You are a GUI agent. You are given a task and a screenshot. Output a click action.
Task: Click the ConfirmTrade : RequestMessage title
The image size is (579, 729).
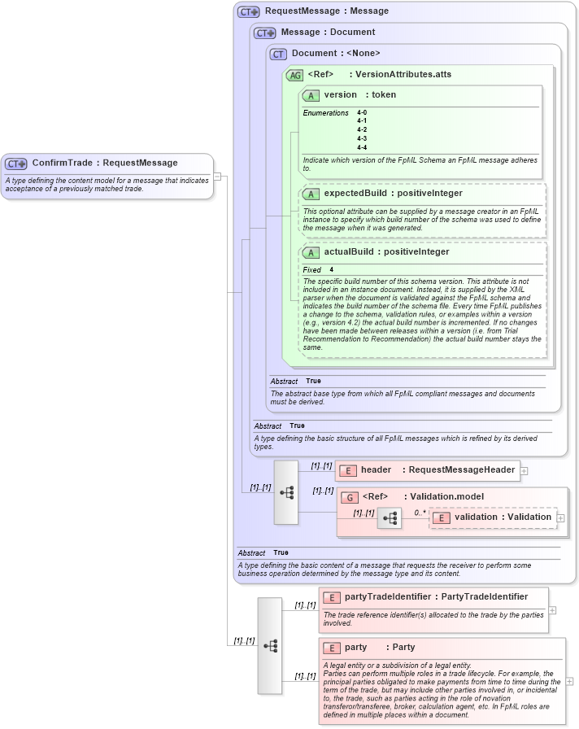point(104,163)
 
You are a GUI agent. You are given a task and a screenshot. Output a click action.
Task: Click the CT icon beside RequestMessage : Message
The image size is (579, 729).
point(249,11)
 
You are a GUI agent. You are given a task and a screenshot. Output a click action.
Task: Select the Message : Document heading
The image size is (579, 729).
point(328,33)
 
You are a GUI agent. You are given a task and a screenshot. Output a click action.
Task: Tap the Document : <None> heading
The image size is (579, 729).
point(336,54)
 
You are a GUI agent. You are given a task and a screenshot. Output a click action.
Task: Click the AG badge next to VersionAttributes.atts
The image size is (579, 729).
point(294,75)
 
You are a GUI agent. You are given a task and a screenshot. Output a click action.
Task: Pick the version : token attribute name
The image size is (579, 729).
point(359,95)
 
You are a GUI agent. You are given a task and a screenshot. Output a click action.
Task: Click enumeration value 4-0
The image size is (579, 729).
point(362,112)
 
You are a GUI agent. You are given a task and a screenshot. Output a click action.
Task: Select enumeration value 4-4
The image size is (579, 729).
point(362,147)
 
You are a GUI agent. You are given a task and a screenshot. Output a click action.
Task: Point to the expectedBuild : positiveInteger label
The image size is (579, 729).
point(393,194)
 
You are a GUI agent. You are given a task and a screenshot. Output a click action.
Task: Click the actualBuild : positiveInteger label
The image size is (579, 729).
point(386,252)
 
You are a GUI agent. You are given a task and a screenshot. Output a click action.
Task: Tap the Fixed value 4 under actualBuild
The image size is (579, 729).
point(332,269)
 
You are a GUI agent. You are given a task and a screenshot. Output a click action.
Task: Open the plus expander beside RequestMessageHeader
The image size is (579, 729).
point(525,470)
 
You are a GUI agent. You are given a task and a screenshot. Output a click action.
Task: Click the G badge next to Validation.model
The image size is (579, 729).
point(349,497)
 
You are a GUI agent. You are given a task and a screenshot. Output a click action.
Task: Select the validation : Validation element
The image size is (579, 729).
point(502,517)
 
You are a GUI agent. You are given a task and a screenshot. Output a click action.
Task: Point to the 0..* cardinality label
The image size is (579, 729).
point(420,513)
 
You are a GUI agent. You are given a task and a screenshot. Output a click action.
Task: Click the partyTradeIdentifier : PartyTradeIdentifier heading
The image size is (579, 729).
point(436,597)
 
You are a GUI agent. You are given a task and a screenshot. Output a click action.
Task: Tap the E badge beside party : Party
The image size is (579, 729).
point(331,648)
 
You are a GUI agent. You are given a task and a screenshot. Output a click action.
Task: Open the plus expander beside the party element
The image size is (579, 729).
point(569,681)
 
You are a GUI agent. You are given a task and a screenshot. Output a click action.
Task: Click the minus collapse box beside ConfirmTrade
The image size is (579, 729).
point(217,177)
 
